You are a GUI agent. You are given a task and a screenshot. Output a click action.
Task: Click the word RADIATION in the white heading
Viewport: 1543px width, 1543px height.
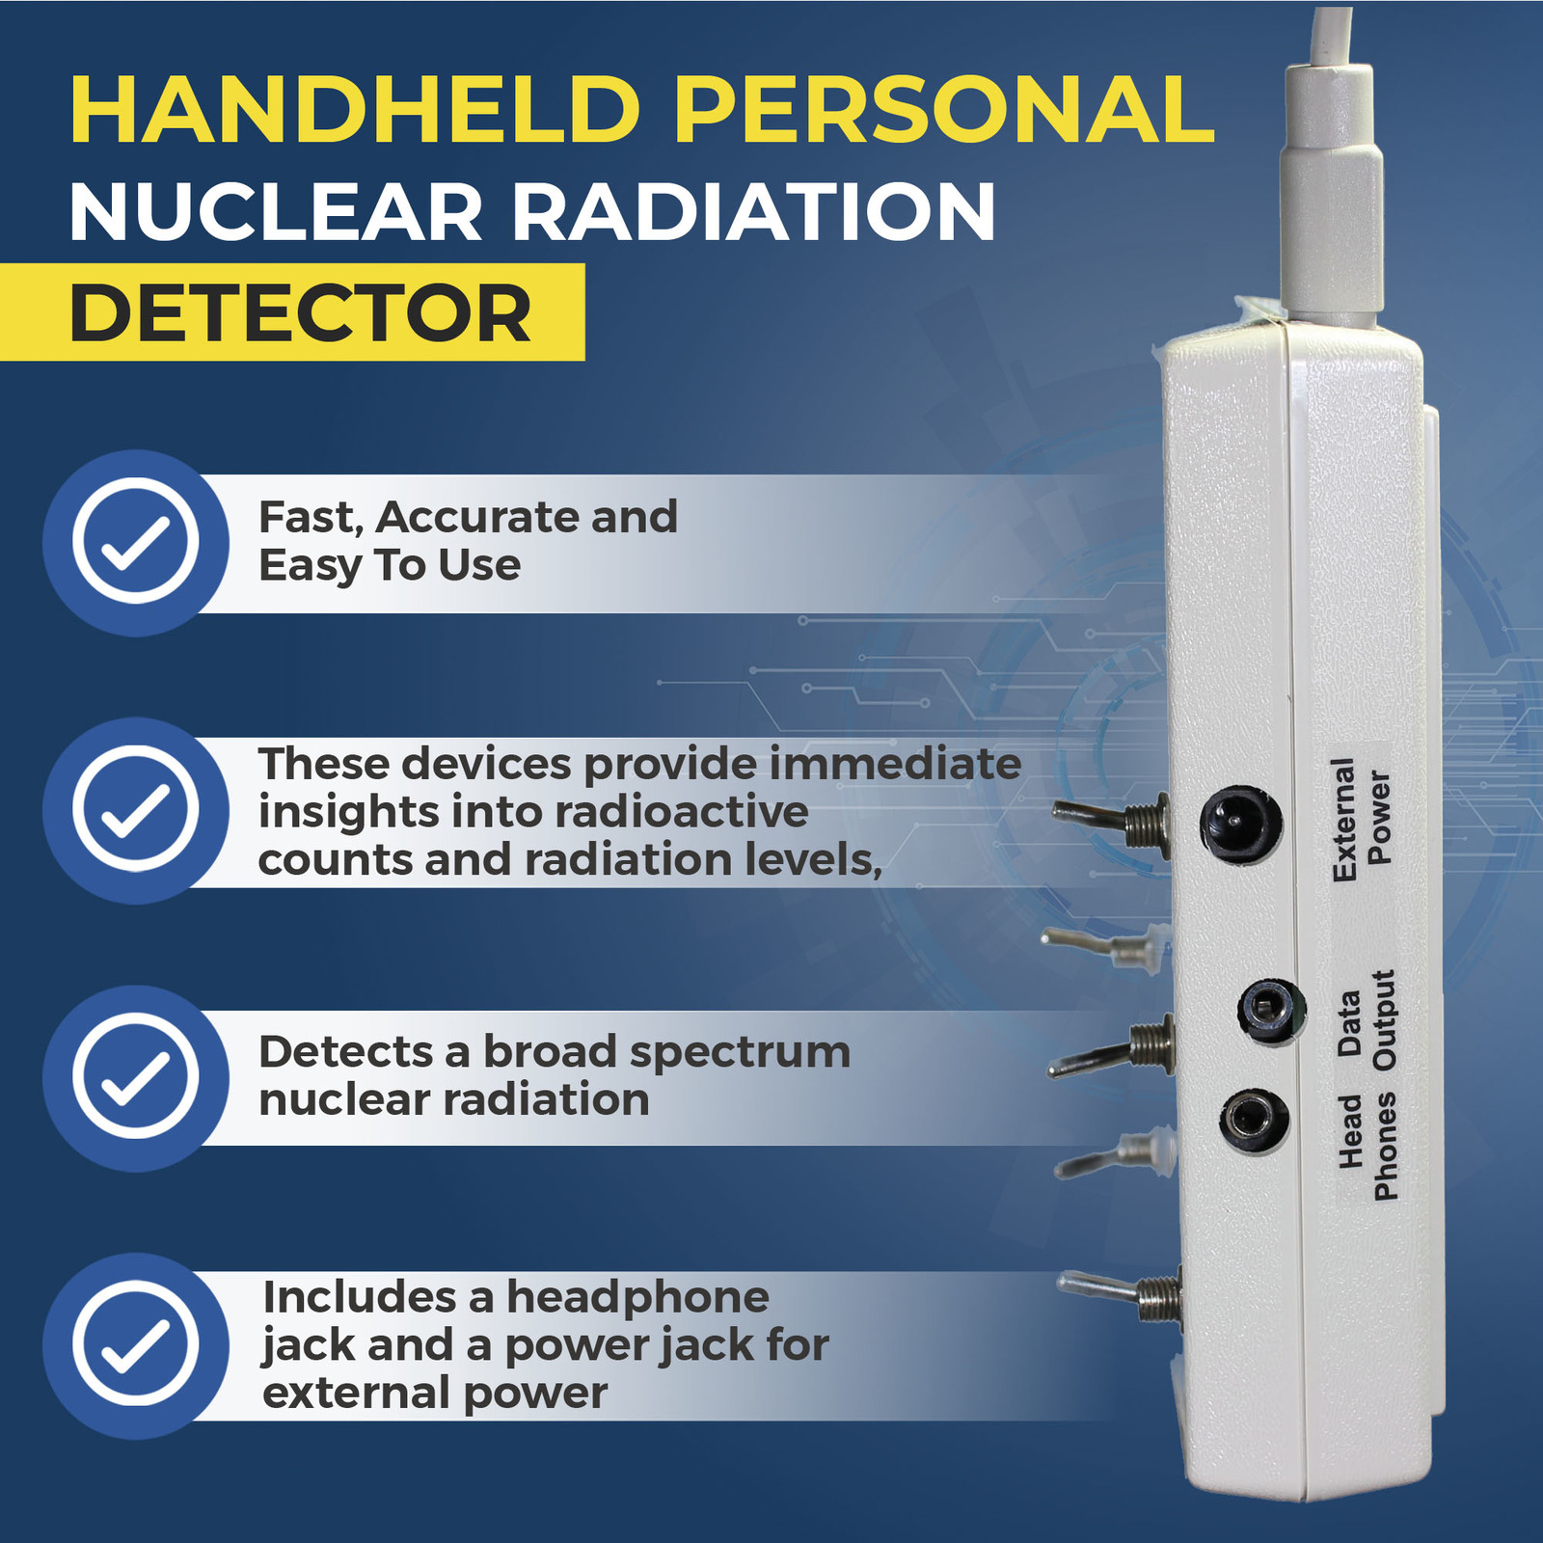(x=753, y=211)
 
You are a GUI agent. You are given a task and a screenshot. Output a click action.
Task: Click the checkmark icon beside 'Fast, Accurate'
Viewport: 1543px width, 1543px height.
(x=135, y=542)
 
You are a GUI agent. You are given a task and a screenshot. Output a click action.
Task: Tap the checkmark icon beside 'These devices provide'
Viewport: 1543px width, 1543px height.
(x=135, y=810)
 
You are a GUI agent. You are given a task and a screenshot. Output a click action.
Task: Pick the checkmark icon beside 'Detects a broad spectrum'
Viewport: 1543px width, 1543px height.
(x=135, y=1077)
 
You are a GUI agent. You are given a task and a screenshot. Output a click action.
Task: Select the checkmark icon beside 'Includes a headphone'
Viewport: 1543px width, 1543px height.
(x=135, y=1345)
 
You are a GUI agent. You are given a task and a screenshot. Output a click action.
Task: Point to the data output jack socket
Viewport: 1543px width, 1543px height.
(x=1272, y=1011)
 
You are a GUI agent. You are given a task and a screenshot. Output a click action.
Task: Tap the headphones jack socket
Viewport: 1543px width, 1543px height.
(x=1255, y=1121)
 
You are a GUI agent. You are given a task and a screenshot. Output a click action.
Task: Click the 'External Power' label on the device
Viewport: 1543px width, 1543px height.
(x=1361, y=819)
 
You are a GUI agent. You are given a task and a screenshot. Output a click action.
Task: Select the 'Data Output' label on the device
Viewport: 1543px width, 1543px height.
(x=1367, y=1020)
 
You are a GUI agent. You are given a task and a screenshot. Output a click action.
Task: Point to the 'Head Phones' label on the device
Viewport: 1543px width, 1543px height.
(x=1368, y=1146)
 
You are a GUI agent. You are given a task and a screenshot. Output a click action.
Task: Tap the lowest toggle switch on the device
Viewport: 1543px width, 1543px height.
(x=1121, y=1295)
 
